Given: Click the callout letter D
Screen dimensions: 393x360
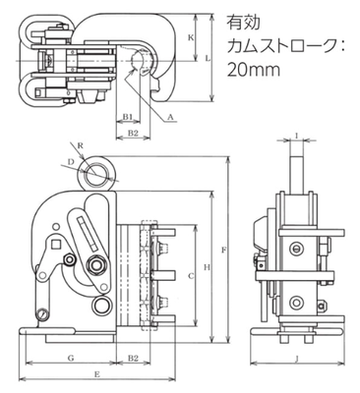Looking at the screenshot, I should (x=71, y=159).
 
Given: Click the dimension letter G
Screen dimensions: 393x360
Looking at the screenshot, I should (x=73, y=360).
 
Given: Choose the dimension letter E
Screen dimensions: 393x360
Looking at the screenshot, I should (x=95, y=375).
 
